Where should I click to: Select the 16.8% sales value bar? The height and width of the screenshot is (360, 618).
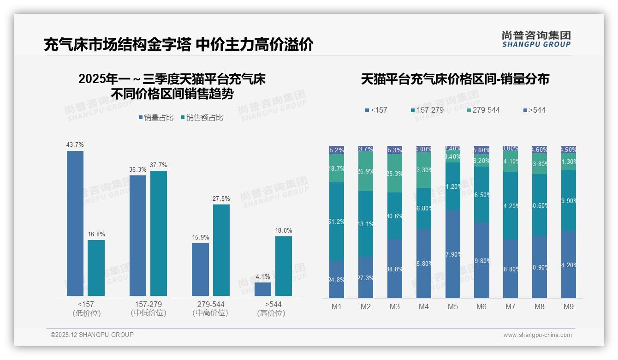pyautogui.click(x=96, y=268)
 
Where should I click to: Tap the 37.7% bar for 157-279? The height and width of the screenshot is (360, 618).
pyautogui.click(x=159, y=233)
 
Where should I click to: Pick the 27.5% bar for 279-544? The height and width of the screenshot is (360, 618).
pyautogui.click(x=221, y=250)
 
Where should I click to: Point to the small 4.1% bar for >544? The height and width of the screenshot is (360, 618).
pyautogui.click(x=263, y=289)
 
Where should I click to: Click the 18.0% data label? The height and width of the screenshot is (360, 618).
pyautogui.click(x=284, y=230)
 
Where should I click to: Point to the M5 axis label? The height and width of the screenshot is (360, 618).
pyautogui.click(x=452, y=307)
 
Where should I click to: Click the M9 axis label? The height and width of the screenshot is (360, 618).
pyautogui.click(x=569, y=307)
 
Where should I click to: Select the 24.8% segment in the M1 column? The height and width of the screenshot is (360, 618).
pyautogui.click(x=337, y=279)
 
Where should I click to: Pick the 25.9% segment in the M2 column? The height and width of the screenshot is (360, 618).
pyautogui.click(x=366, y=172)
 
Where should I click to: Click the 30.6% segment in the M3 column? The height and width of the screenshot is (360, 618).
pyautogui.click(x=395, y=216)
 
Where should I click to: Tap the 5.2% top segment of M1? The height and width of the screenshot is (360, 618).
pyautogui.click(x=337, y=150)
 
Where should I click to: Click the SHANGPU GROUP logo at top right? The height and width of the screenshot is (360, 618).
pyautogui.click(x=536, y=39)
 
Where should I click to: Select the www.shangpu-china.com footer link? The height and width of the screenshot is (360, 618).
pyautogui.click(x=537, y=335)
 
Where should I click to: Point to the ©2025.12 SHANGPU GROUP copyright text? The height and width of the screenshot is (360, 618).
pyautogui.click(x=92, y=335)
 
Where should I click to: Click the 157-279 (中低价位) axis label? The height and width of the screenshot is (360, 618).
pyautogui.click(x=149, y=309)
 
